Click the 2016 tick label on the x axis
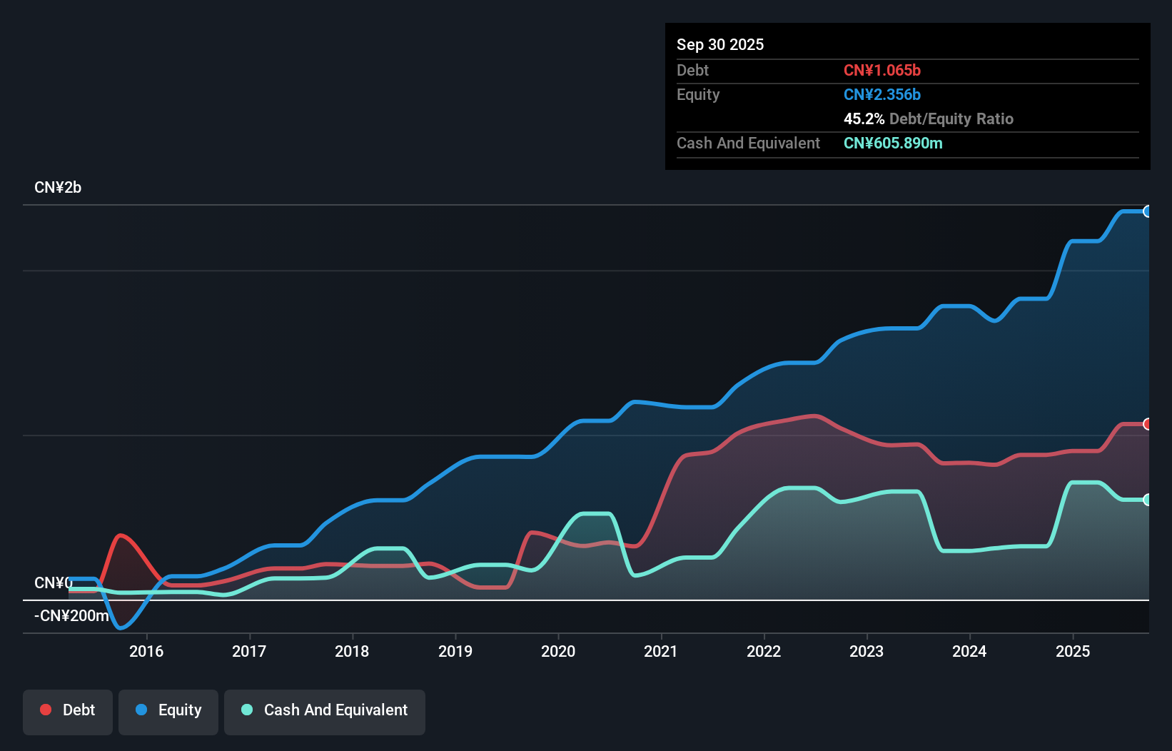point(146,651)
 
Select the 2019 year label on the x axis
point(455,651)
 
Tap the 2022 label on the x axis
point(764,651)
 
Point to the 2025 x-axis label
point(1073,651)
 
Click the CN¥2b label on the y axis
point(58,188)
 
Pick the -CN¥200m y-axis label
point(71,615)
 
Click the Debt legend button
point(68,710)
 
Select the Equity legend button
point(168,710)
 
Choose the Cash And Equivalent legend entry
point(325,710)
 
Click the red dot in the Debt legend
point(46,710)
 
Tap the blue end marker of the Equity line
point(1147,211)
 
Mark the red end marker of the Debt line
point(1147,424)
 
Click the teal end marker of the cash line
point(1147,500)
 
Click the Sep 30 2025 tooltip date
point(720,44)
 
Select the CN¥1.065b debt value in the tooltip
point(882,70)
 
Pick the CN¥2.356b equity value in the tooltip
point(882,94)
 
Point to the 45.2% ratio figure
point(864,119)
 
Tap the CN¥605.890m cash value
point(893,143)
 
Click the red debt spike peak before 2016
point(121,535)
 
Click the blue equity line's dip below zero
point(121,627)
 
